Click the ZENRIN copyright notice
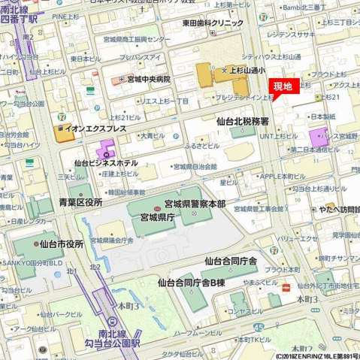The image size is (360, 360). (x=311, y=355)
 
